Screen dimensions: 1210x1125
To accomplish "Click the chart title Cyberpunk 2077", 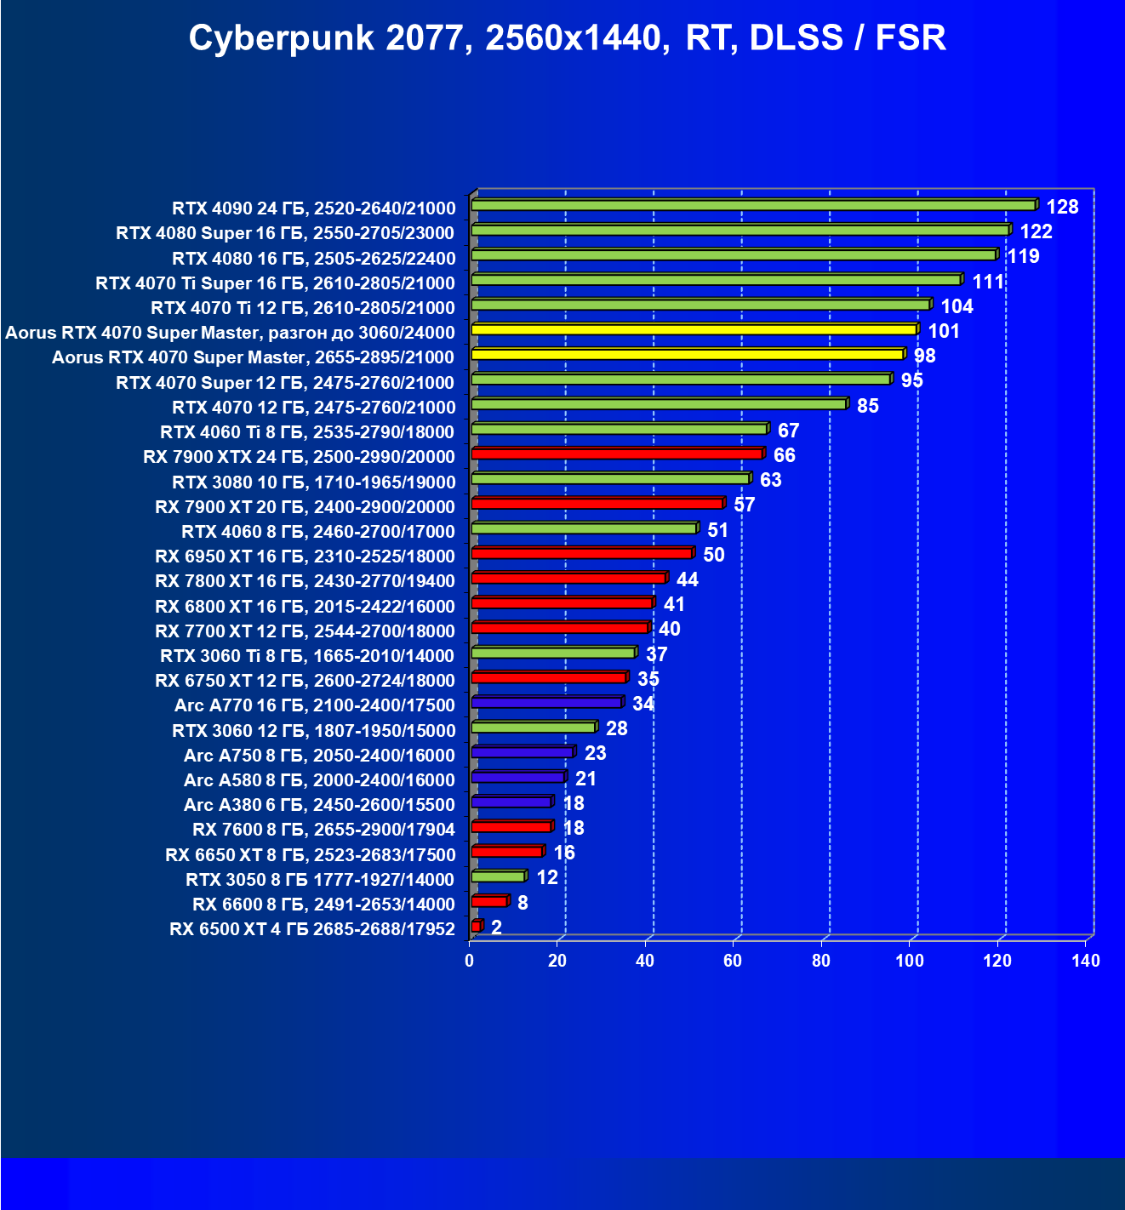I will pyautogui.click(x=567, y=38).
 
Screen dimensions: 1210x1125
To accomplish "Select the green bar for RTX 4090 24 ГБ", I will pyautogui.click(x=753, y=205).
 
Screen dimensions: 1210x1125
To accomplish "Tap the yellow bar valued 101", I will pyautogui.click(x=694, y=329).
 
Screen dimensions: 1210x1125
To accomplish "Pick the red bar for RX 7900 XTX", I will pyautogui.click(x=617, y=454).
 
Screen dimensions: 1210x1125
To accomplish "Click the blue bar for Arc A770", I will pyautogui.click(x=547, y=703).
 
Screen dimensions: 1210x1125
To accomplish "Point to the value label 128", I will pyautogui.click(x=1062, y=207).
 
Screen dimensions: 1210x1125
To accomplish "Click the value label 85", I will pyautogui.click(x=867, y=406).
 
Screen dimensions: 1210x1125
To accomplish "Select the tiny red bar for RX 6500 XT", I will pyautogui.click(x=477, y=926).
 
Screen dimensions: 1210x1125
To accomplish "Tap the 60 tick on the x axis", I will pyautogui.click(x=733, y=962).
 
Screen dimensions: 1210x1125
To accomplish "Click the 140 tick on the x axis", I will pyautogui.click(x=1086, y=962).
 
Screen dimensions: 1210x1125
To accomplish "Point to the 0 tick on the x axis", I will pyautogui.click(x=470, y=962).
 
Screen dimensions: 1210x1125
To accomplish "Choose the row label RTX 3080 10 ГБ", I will pyautogui.click(x=313, y=482).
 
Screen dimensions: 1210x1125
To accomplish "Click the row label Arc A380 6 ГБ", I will pyautogui.click(x=319, y=805).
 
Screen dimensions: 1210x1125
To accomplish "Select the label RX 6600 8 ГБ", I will pyautogui.click(x=323, y=905).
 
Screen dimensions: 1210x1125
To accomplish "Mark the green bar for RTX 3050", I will pyautogui.click(x=498, y=876).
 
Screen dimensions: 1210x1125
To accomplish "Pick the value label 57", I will pyautogui.click(x=744, y=505).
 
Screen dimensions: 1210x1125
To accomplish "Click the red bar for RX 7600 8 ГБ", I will pyautogui.click(x=511, y=827).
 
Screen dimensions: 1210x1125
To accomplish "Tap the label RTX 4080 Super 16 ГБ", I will pyautogui.click(x=285, y=233).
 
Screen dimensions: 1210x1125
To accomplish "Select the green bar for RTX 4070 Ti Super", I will pyautogui.click(x=716, y=280).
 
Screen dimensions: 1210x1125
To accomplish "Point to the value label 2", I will pyautogui.click(x=496, y=927).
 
